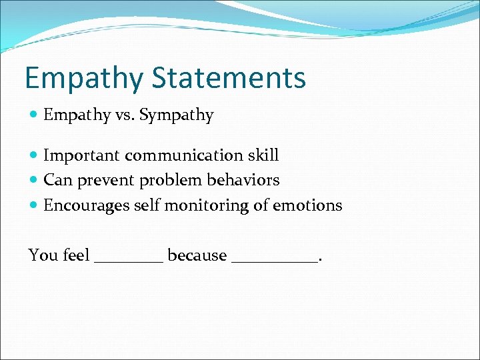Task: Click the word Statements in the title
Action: [229, 77]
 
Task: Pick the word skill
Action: [263, 156]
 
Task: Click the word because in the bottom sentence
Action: [197, 255]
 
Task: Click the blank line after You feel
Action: [129, 261]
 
